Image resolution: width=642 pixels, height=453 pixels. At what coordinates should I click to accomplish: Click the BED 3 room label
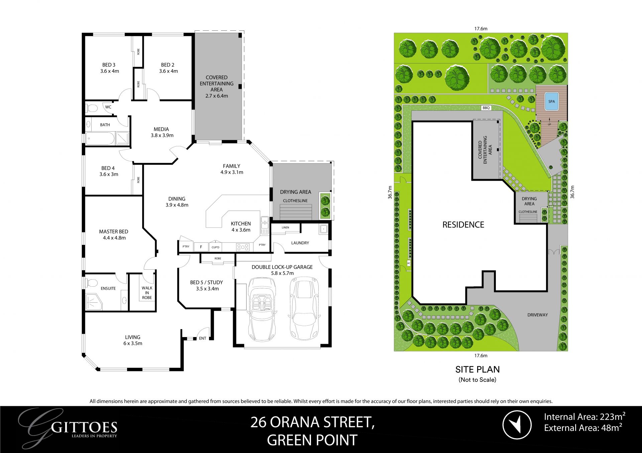109,65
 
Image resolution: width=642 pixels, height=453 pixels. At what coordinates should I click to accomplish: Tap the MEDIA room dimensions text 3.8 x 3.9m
162,135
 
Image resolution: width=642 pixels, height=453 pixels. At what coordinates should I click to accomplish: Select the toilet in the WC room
92,108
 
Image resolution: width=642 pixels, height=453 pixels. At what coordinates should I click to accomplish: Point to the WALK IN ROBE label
147,293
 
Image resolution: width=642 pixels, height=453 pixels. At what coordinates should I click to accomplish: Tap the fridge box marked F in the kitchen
201,247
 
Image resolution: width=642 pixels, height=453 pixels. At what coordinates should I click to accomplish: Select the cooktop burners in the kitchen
243,247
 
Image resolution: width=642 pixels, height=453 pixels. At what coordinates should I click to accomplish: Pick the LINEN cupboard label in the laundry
285,228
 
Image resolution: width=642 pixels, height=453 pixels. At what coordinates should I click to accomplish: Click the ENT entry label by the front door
203,338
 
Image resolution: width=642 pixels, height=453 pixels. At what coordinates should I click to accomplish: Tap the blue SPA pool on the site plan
551,101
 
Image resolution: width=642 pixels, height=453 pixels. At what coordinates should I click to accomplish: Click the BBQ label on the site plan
486,108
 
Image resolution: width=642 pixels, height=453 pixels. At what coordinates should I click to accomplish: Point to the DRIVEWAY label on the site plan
537,315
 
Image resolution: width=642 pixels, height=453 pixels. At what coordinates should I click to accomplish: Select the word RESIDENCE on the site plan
463,224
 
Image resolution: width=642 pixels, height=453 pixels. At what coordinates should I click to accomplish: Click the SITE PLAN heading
477,369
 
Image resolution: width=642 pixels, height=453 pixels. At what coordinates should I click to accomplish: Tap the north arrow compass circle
517,425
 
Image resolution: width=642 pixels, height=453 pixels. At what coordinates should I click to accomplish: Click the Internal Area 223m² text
584,417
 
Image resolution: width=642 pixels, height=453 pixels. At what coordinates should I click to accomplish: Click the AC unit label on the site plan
409,263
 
